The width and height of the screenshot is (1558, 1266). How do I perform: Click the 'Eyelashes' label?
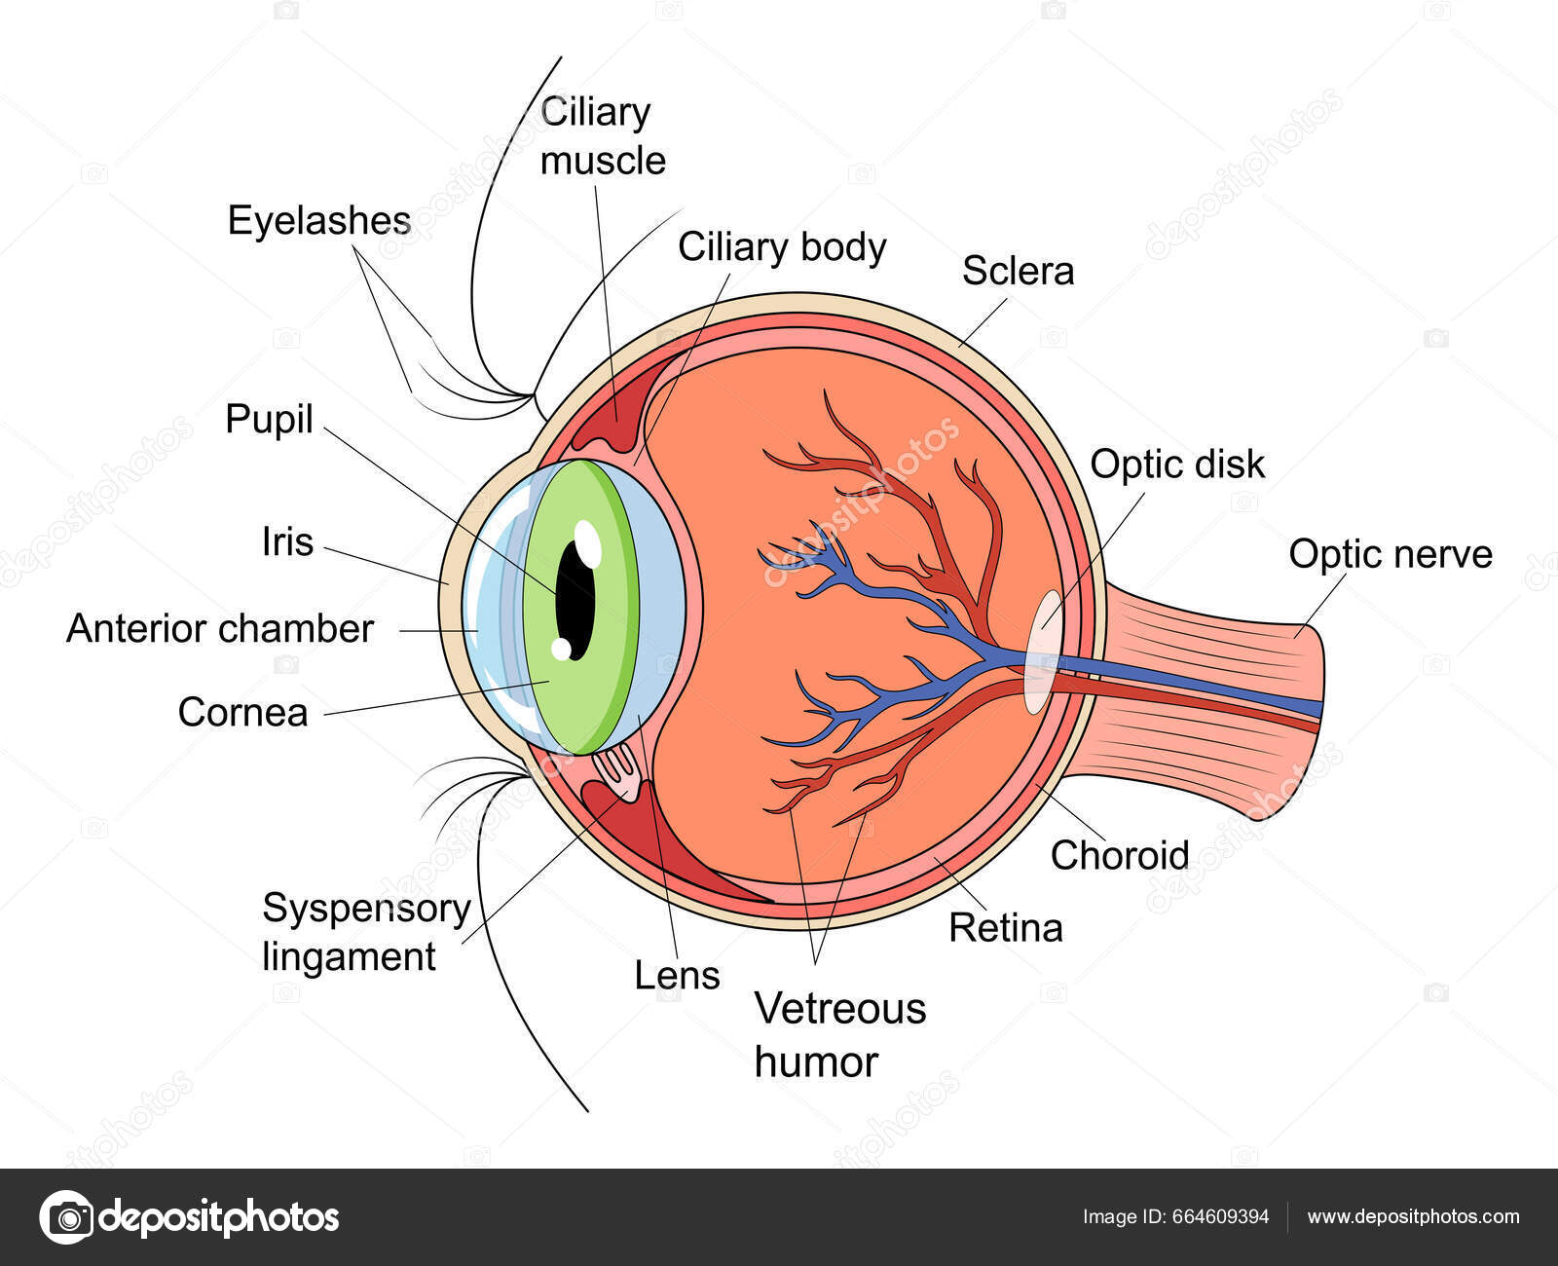coord(318,221)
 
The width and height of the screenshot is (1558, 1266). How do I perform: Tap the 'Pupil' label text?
coord(269,420)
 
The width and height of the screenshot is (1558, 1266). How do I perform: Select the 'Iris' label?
coord(287,541)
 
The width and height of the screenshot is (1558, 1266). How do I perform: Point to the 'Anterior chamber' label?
coord(219,629)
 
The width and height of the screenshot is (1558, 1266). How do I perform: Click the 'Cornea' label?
coord(242,713)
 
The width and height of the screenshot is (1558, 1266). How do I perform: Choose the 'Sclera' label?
coord(1018,271)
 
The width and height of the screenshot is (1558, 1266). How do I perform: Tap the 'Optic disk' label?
coord(1176,465)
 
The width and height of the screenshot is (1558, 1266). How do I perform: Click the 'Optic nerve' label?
coord(1390,554)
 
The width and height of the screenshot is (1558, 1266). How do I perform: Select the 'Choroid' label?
coord(1120,855)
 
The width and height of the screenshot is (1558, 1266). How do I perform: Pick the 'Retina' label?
coord(1005,928)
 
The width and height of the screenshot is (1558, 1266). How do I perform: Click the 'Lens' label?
coord(677,975)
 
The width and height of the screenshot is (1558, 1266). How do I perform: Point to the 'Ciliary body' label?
coord(782,247)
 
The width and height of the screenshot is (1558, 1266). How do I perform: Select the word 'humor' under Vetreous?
coord(816,1061)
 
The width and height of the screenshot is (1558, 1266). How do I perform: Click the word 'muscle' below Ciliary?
coord(603,161)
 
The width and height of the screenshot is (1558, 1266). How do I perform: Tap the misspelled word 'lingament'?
coord(349,956)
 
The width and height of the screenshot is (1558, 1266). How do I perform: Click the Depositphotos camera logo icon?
coord(66,1217)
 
